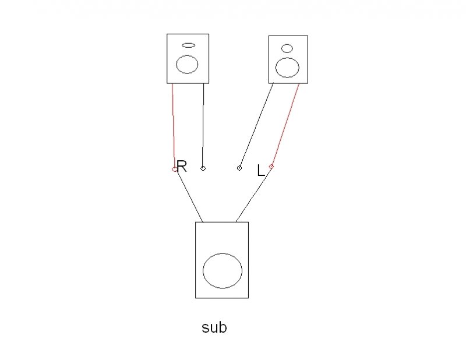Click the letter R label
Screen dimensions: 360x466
182,167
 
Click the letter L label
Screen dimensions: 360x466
261,171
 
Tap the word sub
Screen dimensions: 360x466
214,327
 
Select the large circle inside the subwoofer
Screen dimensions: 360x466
222,271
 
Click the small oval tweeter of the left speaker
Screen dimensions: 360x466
188,45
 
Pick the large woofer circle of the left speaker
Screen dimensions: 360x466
187,64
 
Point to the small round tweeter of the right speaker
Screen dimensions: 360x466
287,48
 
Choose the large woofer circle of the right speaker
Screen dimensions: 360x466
287,67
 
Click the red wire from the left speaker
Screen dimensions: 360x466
173,125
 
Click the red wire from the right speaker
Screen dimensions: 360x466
285,125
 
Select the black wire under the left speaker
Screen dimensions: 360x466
203,125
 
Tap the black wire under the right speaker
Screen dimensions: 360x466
256,125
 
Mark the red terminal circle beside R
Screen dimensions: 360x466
174,169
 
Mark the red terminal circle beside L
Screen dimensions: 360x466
271,167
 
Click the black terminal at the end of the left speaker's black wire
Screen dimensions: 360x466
203,168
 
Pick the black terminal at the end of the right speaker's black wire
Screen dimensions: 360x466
239,168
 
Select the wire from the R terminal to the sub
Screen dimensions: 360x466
189,196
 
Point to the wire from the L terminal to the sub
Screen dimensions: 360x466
253,195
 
